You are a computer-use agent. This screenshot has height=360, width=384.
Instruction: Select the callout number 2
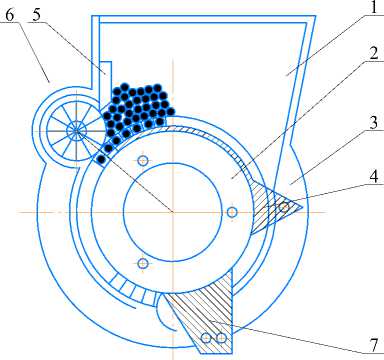pyautogui.click(x=373, y=53)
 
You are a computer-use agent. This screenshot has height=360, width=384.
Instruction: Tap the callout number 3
pyautogui.click(x=374, y=122)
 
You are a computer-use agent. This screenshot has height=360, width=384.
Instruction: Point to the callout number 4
pyautogui.click(x=374, y=176)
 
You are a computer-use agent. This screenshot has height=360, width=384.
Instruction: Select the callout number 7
pyautogui.click(x=375, y=345)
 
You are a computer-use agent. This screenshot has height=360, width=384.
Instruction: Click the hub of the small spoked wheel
pyautogui.click(x=76, y=131)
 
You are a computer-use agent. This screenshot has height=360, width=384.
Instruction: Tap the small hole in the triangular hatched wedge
pyautogui.click(x=284, y=208)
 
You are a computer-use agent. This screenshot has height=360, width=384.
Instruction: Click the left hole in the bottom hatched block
pyautogui.click(x=206, y=338)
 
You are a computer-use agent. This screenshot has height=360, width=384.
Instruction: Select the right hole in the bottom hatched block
pyautogui.click(x=221, y=338)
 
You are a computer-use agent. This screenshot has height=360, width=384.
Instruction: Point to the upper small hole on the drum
pyautogui.click(x=143, y=161)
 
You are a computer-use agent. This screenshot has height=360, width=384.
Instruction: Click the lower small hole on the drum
pyautogui.click(x=143, y=263)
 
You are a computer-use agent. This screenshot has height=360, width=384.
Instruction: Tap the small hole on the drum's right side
pyautogui.click(x=232, y=212)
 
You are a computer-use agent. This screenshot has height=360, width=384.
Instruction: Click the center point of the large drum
pyautogui.click(x=172, y=211)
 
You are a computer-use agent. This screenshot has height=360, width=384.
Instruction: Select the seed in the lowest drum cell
pyautogui.click(x=101, y=159)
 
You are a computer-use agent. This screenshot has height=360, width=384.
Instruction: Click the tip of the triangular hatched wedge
pyautogui.click(x=302, y=207)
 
